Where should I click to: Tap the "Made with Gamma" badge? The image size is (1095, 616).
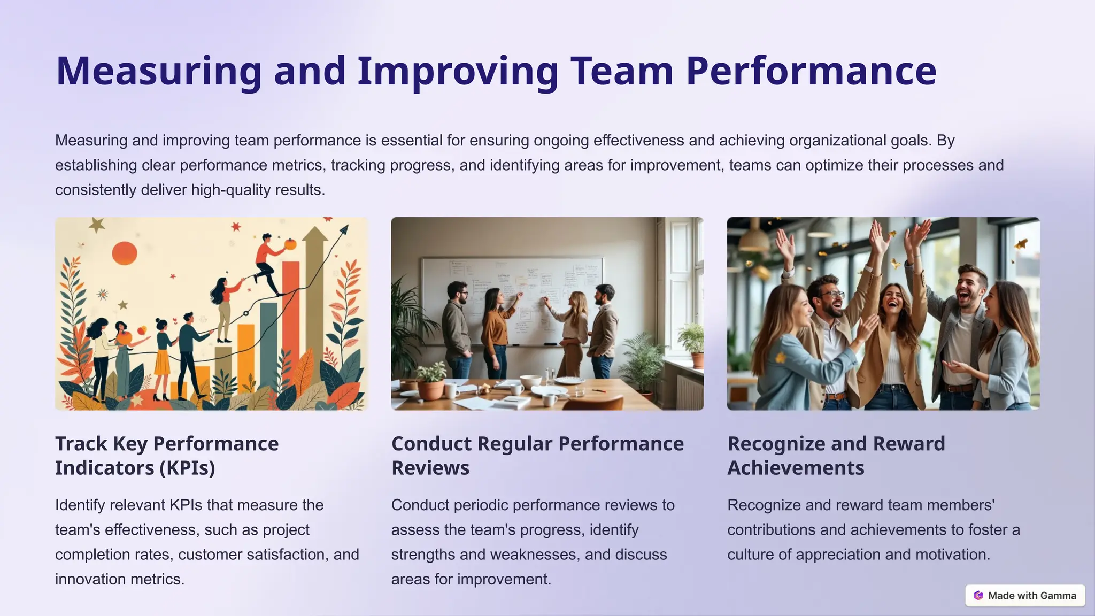tap(1025, 596)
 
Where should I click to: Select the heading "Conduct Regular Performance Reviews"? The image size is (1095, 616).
tap(537, 456)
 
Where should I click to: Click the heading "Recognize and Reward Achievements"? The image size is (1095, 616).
tap(836, 456)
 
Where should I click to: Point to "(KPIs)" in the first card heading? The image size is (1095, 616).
tap(187, 468)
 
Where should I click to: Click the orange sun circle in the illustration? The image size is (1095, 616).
tap(125, 253)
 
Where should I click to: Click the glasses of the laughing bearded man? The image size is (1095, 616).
tap(831, 295)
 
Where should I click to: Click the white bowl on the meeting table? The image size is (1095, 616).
tap(530, 381)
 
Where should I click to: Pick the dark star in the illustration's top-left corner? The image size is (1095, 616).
tap(97, 225)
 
